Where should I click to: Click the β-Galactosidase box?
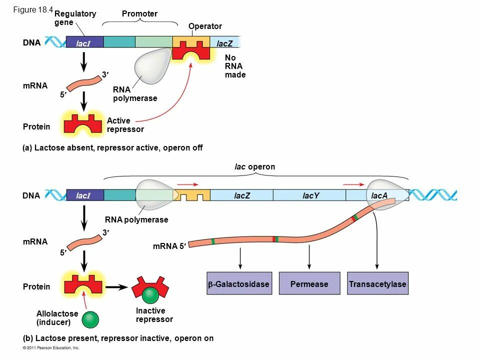pos(238,284)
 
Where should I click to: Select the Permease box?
pos(309,284)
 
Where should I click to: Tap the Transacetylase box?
pos(377,284)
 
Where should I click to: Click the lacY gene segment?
pos(310,195)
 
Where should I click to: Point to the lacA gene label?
pos(379,195)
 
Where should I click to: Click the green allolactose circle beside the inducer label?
pos(90,319)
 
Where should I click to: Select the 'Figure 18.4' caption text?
pos(33,9)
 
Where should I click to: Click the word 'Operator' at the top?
pos(205,26)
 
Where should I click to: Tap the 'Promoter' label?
pos(139,14)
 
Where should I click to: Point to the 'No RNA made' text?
pos(235,66)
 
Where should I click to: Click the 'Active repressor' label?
pos(125,125)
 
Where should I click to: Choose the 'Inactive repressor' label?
pos(154,315)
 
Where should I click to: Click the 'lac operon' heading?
pos(255,166)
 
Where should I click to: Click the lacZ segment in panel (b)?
pos(241,195)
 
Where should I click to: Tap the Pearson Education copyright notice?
pos(51,347)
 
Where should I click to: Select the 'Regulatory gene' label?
pos(74,18)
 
